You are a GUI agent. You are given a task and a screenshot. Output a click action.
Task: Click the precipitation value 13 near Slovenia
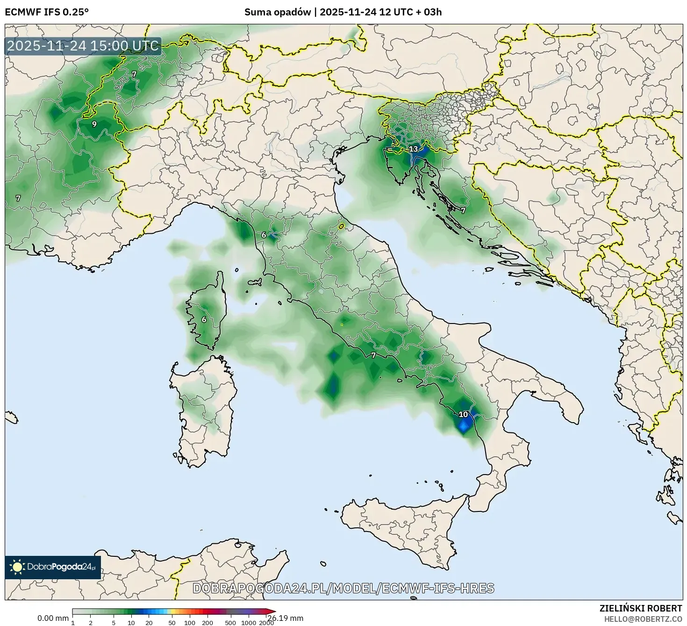click(x=414, y=149)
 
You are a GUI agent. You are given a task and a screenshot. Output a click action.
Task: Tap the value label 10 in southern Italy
click(x=463, y=414)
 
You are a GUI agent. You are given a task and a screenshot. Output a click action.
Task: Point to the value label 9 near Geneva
click(x=94, y=124)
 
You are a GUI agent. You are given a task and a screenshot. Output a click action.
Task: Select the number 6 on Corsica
click(x=204, y=320)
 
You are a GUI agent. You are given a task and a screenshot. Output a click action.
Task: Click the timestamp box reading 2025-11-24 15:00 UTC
click(x=83, y=46)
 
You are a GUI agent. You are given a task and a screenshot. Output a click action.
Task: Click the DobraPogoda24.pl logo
click(x=53, y=567)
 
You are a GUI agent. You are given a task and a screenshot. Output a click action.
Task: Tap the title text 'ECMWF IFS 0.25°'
click(x=46, y=12)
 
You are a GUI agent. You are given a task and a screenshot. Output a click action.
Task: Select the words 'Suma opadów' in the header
click(x=277, y=12)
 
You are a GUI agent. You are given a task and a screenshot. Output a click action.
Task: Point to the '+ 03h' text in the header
click(x=429, y=12)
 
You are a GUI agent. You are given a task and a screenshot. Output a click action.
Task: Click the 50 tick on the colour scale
click(x=172, y=623)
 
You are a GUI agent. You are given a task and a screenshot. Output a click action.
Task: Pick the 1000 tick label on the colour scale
click(x=249, y=623)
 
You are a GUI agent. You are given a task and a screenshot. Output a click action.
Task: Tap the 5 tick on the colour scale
click(x=114, y=623)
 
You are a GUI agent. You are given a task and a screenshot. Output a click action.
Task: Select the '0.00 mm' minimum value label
click(x=53, y=618)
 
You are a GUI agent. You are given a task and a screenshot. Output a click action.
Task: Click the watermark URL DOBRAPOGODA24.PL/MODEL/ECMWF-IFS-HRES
click(x=343, y=588)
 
